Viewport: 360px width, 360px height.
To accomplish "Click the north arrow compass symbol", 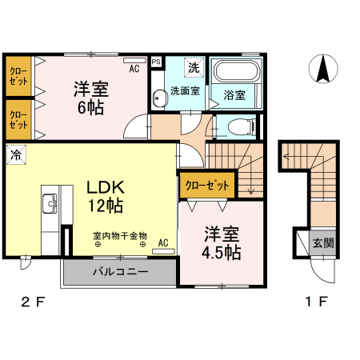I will [323, 69].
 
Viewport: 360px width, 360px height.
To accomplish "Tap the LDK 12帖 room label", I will [104, 197].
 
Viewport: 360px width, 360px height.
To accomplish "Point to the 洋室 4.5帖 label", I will [222, 244].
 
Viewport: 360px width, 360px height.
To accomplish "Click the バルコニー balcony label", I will [119, 271].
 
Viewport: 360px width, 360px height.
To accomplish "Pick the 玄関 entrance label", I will [323, 243].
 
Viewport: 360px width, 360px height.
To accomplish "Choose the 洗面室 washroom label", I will [183, 91].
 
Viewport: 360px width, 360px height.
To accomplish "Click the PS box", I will [155, 61].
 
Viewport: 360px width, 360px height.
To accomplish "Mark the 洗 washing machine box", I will [193, 66].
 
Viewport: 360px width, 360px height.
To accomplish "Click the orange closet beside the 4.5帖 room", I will [207, 185].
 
